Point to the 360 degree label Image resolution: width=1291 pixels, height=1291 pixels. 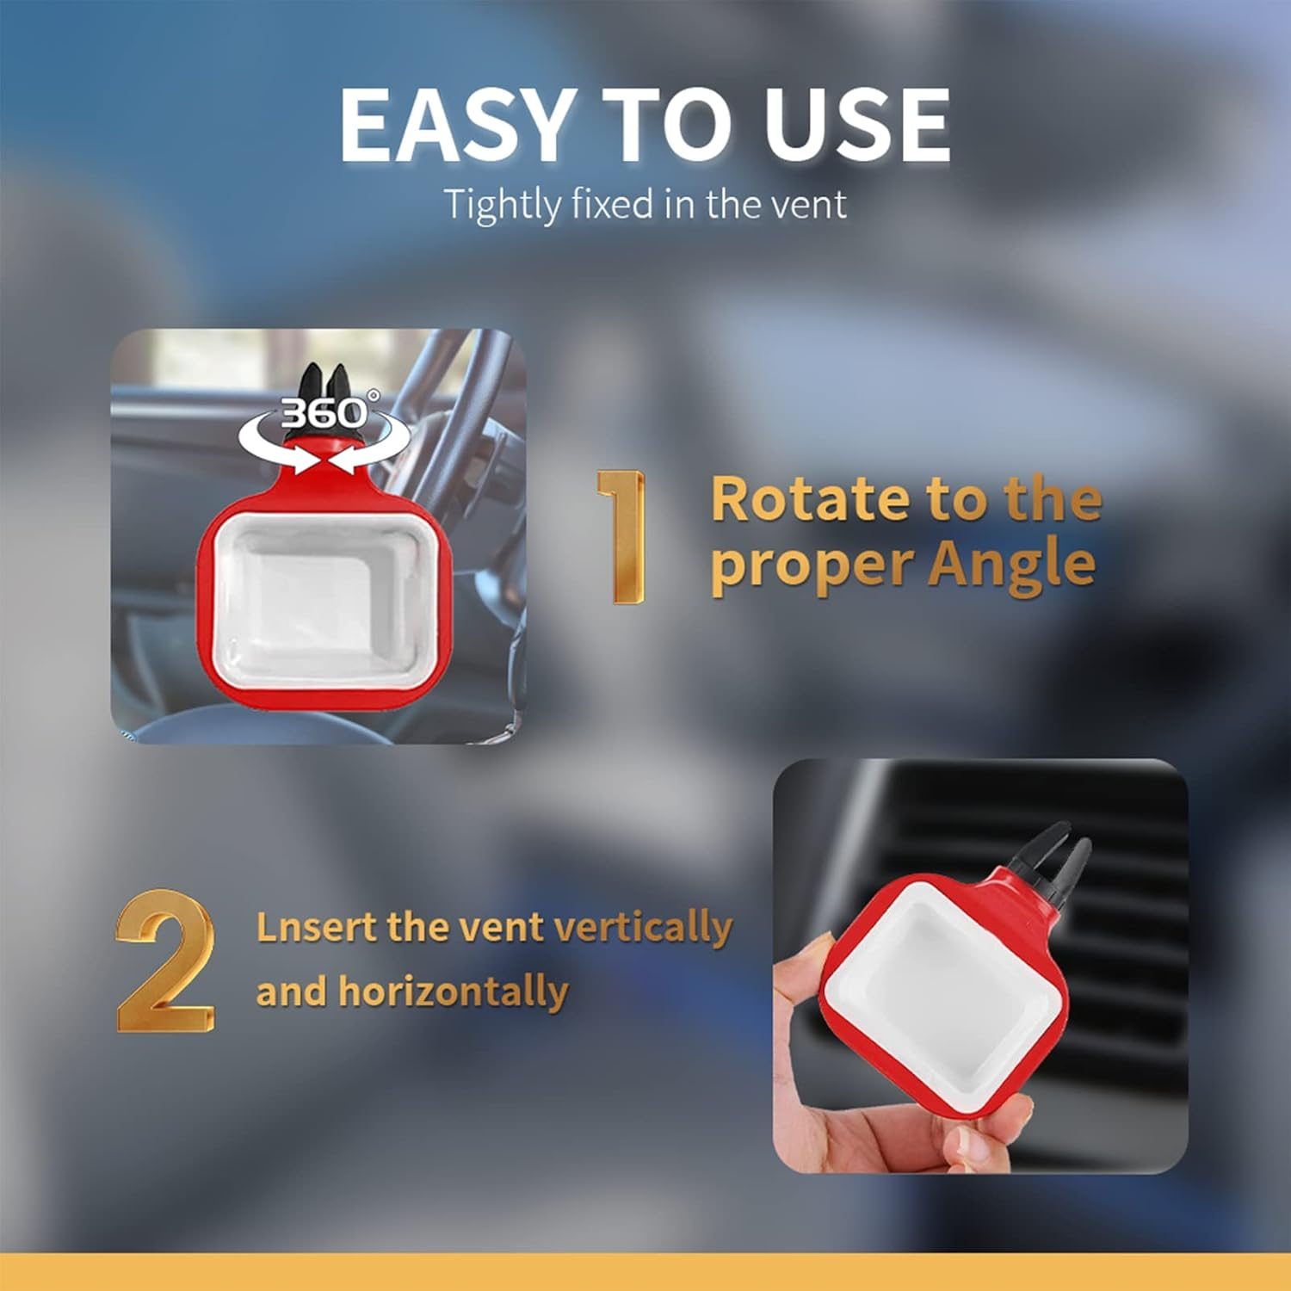tap(324, 413)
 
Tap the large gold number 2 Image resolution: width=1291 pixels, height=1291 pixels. tap(165, 961)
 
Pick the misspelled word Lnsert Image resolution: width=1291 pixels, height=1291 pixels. tap(316, 928)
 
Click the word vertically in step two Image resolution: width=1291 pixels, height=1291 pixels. tap(643, 928)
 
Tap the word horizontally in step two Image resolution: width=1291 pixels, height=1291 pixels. tap(453, 991)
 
